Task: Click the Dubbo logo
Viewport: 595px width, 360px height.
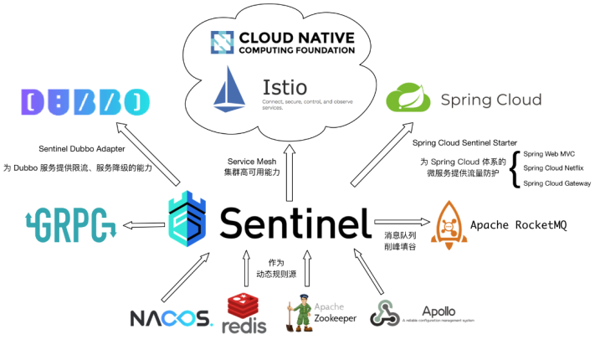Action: pos(85,102)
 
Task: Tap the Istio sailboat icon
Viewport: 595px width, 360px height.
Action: pos(228,90)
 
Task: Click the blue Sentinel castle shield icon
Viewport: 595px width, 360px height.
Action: pos(189,221)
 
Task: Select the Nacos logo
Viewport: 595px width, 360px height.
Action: pos(172,318)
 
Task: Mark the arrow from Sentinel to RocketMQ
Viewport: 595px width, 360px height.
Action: pos(402,224)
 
